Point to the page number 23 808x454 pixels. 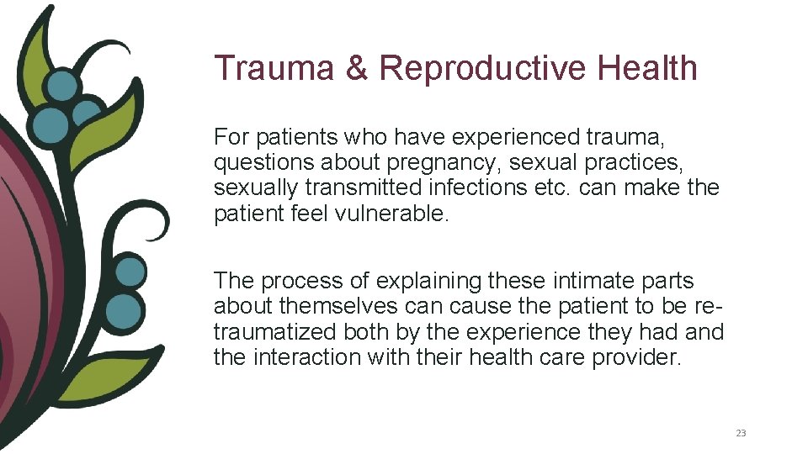(x=741, y=433)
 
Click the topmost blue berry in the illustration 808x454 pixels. (x=61, y=85)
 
